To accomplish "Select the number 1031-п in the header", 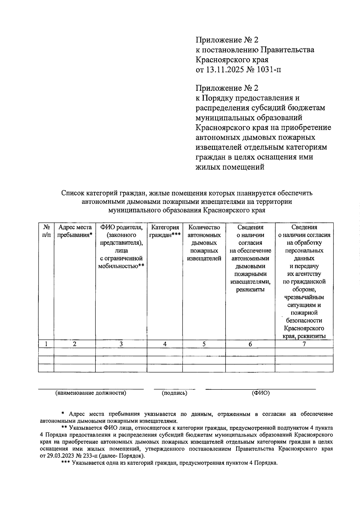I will click(x=268, y=70).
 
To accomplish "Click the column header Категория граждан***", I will click(x=165, y=231).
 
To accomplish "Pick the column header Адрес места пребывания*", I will click(x=75, y=231).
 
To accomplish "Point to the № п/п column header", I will click(x=46, y=231).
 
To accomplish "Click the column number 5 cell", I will click(x=204, y=344).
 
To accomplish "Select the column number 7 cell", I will click(x=304, y=344).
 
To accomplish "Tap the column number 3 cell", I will click(x=121, y=344).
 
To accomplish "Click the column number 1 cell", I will click(x=46, y=344).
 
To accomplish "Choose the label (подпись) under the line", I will click(x=174, y=393).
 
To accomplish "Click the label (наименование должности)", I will click(x=91, y=393).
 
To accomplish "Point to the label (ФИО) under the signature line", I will click(x=261, y=393).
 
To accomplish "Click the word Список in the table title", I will click(x=73, y=193).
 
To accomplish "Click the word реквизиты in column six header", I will click(x=250, y=290).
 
